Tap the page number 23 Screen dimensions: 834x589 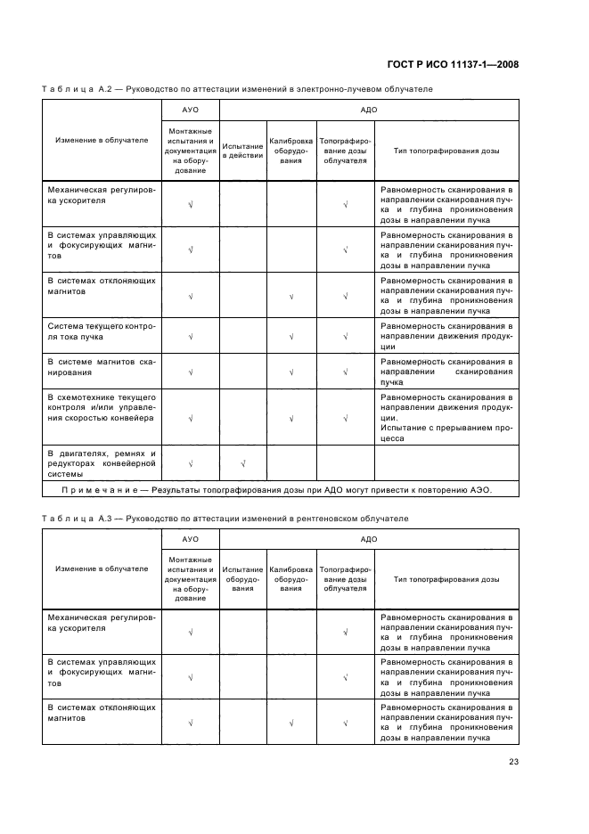click(513, 761)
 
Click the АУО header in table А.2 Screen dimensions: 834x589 click(190, 109)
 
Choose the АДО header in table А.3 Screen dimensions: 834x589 click(368, 539)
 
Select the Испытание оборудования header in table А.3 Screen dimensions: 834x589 click(242, 578)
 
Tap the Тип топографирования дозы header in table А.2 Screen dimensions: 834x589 click(446, 151)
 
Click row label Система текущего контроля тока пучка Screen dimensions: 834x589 click(102, 331)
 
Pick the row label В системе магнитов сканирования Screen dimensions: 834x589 click(102, 366)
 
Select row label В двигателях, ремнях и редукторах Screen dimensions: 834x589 click(102, 463)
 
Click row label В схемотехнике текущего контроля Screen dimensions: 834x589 click(102, 406)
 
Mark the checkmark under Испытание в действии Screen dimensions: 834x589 click(242, 463)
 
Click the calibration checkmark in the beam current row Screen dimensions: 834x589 click(291, 337)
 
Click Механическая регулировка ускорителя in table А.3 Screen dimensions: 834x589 click(102, 621)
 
